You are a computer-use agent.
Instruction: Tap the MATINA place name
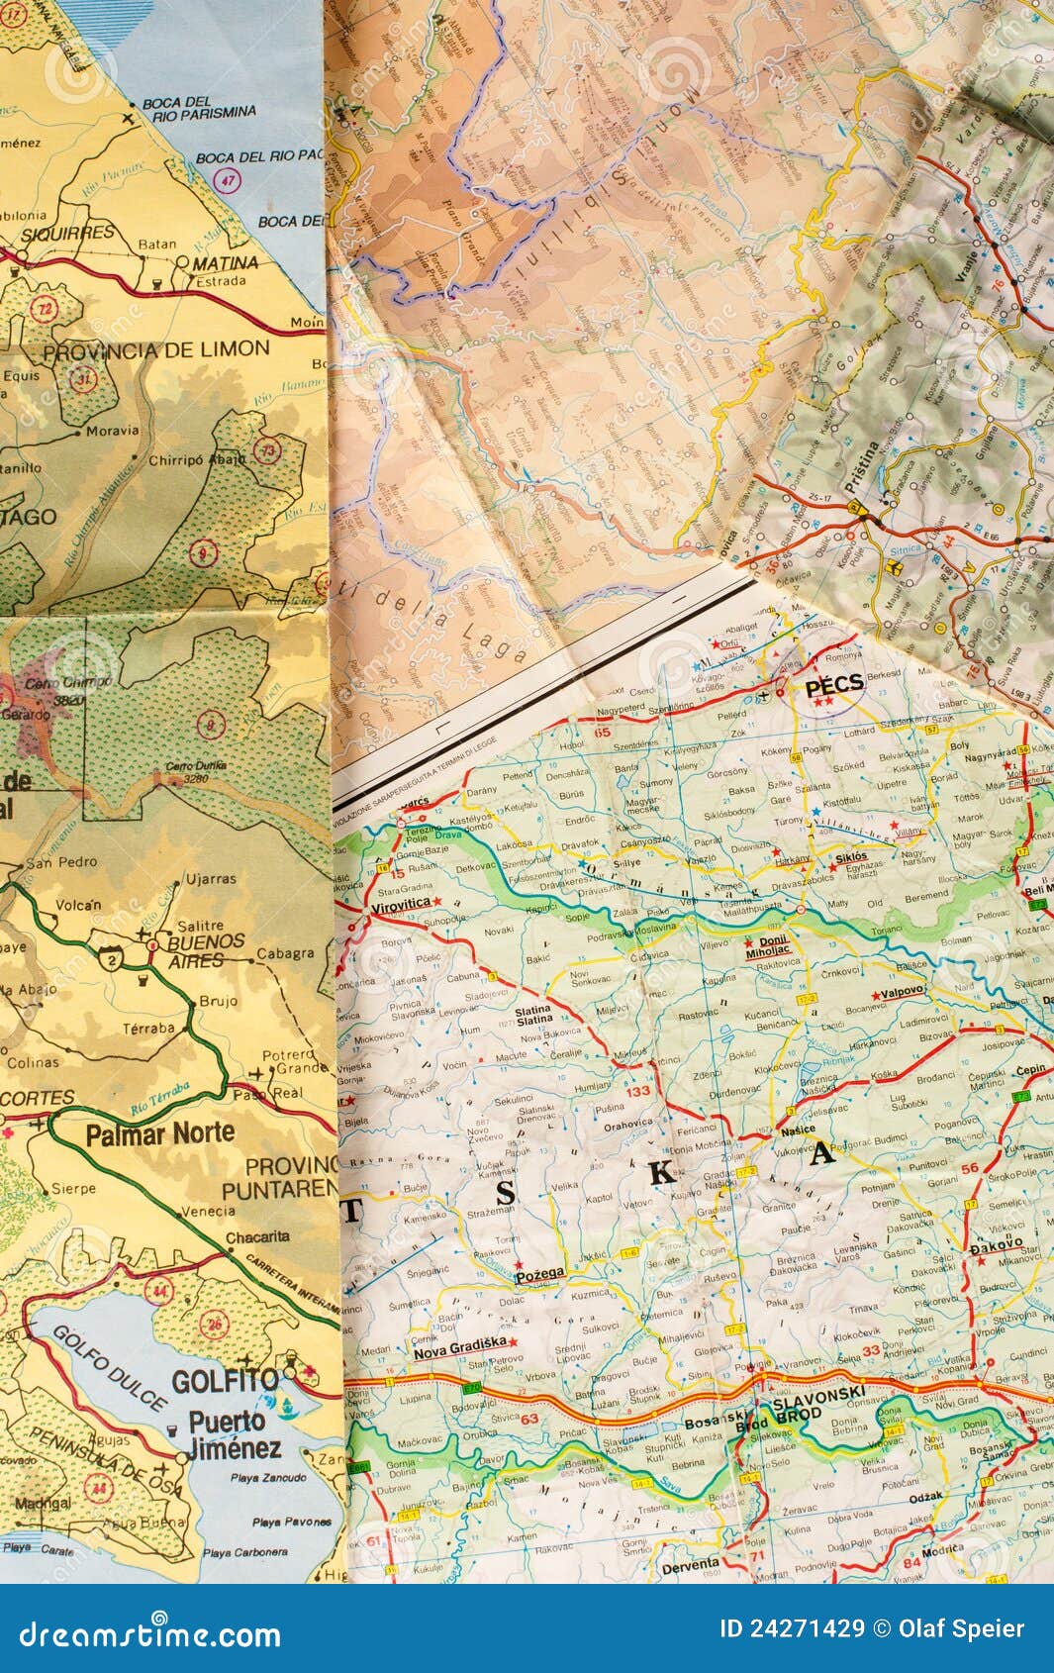(x=225, y=263)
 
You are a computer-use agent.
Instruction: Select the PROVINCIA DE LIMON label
(x=156, y=348)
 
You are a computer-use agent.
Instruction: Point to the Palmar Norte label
(x=159, y=1133)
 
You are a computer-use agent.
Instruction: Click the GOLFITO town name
(x=226, y=1381)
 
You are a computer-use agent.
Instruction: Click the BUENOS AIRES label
(x=205, y=950)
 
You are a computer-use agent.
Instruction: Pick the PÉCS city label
(x=833, y=684)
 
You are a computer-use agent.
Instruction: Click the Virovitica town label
(x=400, y=904)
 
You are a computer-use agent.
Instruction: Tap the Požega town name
(x=540, y=1273)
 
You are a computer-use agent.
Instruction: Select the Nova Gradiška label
(x=459, y=1342)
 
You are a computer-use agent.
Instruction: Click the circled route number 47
(x=229, y=180)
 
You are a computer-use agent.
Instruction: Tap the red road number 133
(x=637, y=1090)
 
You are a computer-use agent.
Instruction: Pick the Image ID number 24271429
(x=791, y=1628)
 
